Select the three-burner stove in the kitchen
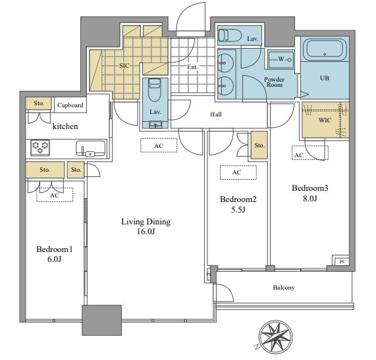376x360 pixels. coord(40,147)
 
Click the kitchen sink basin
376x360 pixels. coord(90,148)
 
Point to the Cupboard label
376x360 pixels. coord(70,105)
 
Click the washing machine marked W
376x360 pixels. coord(281,59)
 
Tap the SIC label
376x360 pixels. coord(124,65)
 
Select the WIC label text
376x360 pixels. coord(325,120)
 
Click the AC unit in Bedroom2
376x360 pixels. coord(238,172)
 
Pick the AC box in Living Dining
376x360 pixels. coord(159,145)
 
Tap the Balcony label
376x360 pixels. coord(284,288)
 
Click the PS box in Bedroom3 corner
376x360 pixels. coord(340,261)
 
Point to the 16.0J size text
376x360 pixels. coord(146,232)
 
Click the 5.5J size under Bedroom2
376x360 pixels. coord(238,210)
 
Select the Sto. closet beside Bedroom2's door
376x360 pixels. coord(259,145)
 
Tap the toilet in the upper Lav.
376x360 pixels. coord(230,36)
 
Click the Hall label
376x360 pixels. coord(216,115)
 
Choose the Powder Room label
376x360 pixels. coord(275,82)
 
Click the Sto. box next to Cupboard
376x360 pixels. coord(39,103)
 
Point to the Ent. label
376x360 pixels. coord(192,67)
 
